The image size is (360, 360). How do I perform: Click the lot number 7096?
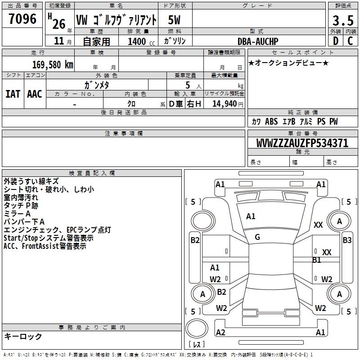point(22,19)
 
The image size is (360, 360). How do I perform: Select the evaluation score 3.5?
point(343,21)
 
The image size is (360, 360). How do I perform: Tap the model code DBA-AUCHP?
point(258,41)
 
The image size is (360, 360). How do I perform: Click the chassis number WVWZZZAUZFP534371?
point(302,143)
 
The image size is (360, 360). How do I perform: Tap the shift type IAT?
point(13,94)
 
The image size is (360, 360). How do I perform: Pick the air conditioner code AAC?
point(34,94)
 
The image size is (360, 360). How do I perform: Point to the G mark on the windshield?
point(257,237)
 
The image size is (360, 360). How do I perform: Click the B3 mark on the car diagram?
point(347,240)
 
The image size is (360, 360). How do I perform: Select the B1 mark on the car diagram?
point(317,260)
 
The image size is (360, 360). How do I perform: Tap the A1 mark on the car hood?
point(251,216)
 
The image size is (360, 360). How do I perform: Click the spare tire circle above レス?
point(197,330)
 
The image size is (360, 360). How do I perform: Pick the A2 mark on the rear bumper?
point(220,333)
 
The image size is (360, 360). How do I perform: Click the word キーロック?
point(23,337)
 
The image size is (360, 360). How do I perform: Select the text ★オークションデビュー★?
point(288,63)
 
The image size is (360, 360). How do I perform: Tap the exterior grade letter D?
point(335,41)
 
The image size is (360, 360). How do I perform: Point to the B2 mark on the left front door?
point(194,240)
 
